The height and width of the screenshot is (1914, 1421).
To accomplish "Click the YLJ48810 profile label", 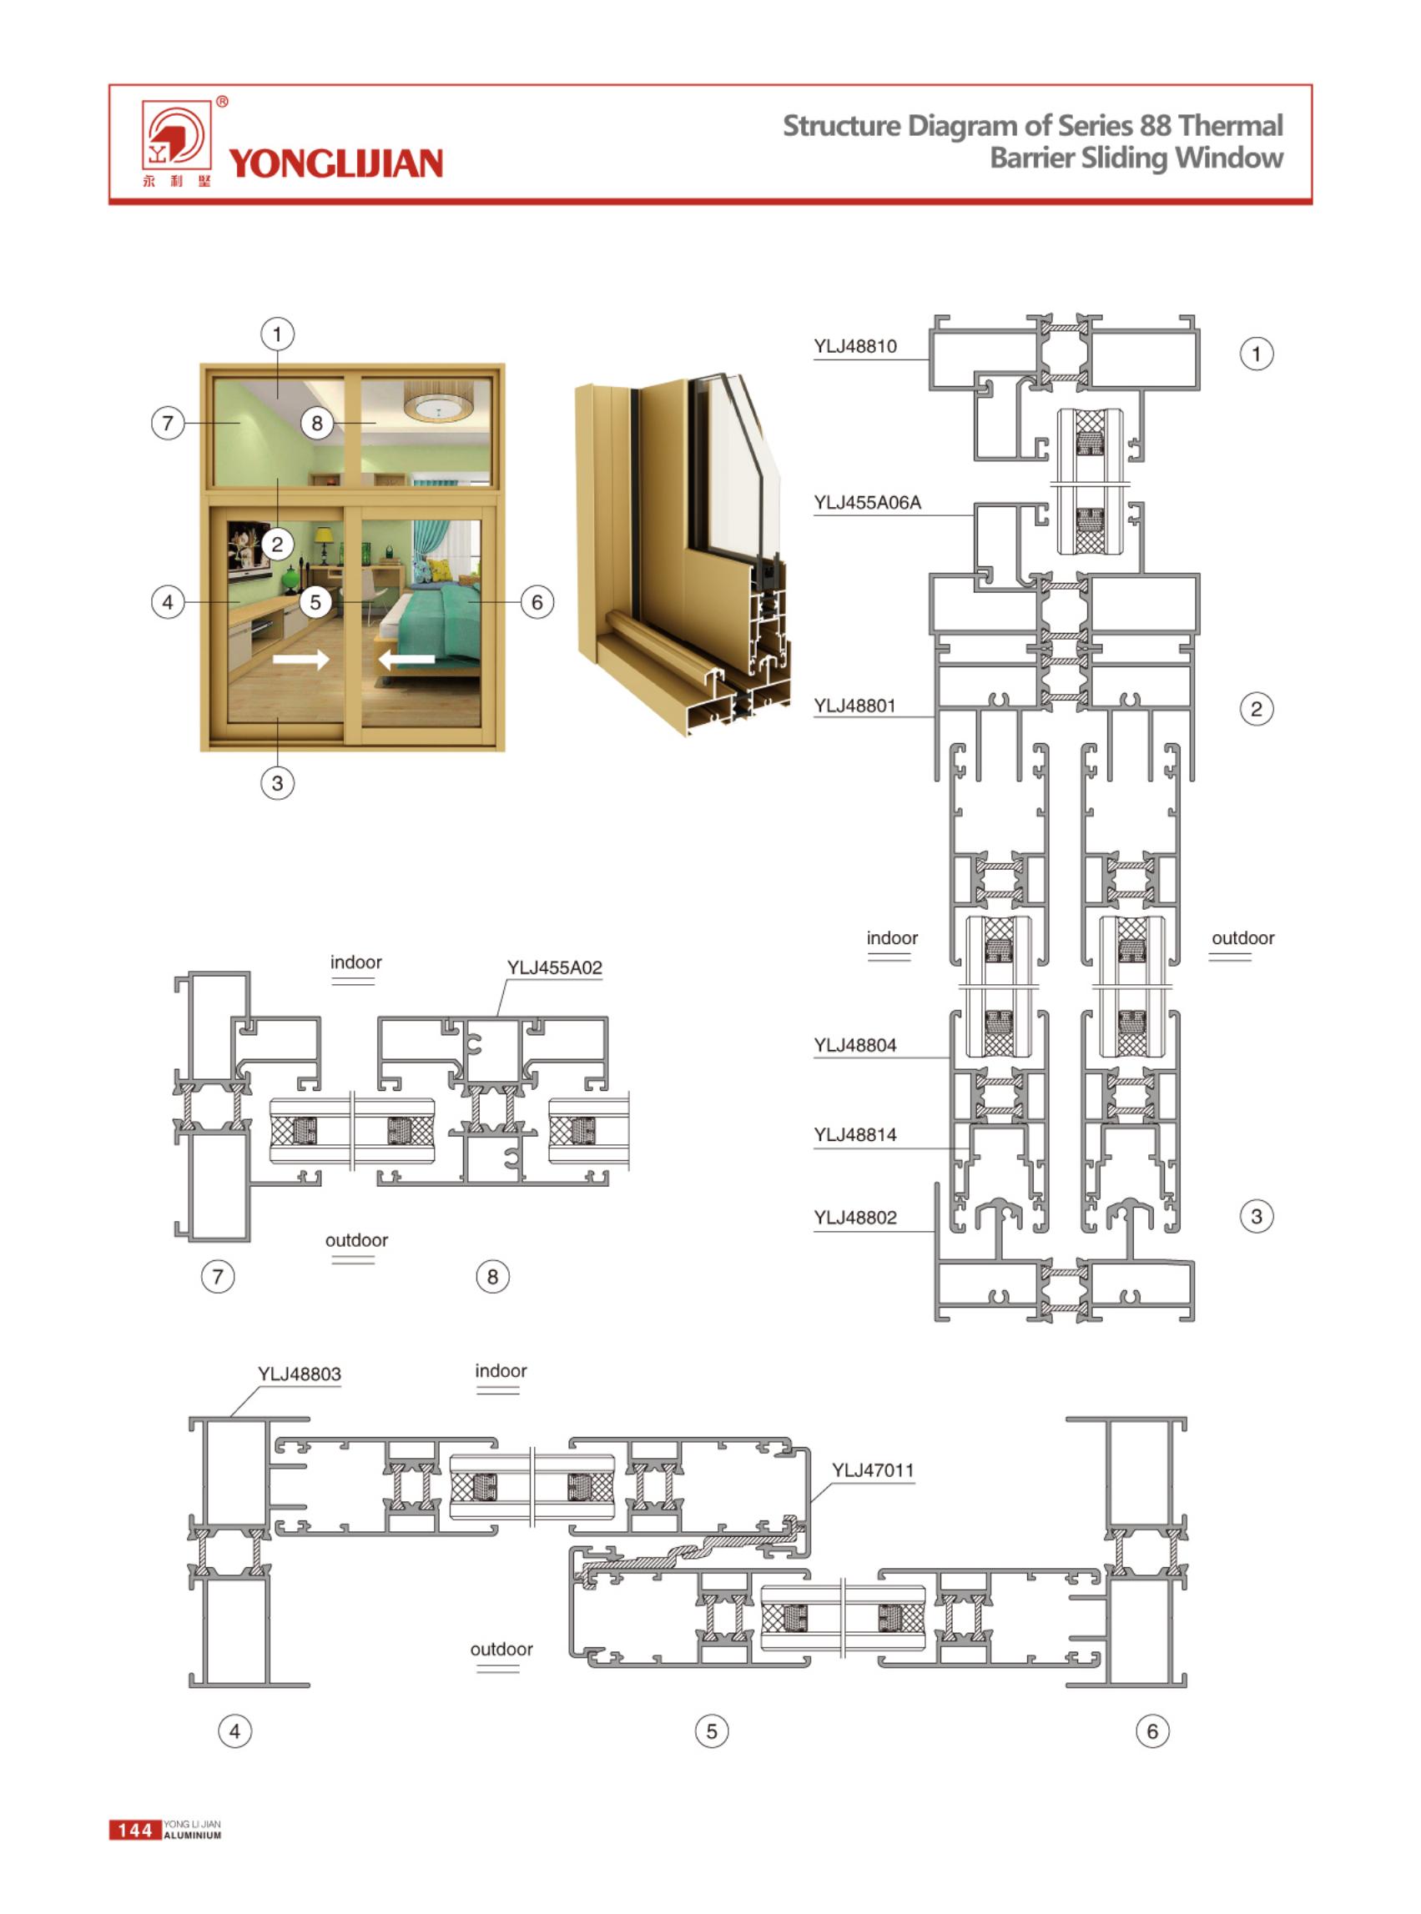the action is [x=855, y=346].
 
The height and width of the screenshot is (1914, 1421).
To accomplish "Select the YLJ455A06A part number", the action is [x=867, y=503].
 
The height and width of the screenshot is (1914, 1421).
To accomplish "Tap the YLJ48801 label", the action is [x=855, y=706].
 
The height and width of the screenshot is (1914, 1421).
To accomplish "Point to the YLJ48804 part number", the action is [x=855, y=1046].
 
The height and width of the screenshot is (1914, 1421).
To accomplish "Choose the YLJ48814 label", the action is [x=855, y=1135].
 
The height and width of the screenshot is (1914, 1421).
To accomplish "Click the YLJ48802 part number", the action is [x=855, y=1218].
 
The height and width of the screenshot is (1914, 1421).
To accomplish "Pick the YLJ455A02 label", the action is [x=555, y=967].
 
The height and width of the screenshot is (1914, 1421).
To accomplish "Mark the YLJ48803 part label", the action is [x=300, y=1374].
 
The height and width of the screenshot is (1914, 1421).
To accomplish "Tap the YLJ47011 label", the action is [x=872, y=1470].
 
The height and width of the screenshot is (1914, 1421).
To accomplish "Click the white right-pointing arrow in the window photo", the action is [x=301, y=660].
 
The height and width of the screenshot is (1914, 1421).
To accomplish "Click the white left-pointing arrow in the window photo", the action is [x=406, y=660].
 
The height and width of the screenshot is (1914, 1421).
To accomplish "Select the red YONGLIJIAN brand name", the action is [x=335, y=163].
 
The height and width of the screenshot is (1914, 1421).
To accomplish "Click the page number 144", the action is [x=135, y=1830].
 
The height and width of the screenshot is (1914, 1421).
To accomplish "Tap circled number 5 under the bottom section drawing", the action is [x=712, y=1730].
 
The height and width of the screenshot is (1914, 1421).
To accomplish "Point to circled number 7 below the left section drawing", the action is [x=218, y=1276].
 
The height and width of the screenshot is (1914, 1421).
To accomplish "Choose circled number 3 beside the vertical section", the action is [x=1256, y=1216].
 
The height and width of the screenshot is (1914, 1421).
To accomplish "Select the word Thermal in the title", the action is [x=1231, y=126].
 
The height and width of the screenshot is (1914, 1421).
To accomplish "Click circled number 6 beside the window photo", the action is [x=537, y=602].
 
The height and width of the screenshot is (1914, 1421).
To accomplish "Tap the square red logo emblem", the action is [x=176, y=135].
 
